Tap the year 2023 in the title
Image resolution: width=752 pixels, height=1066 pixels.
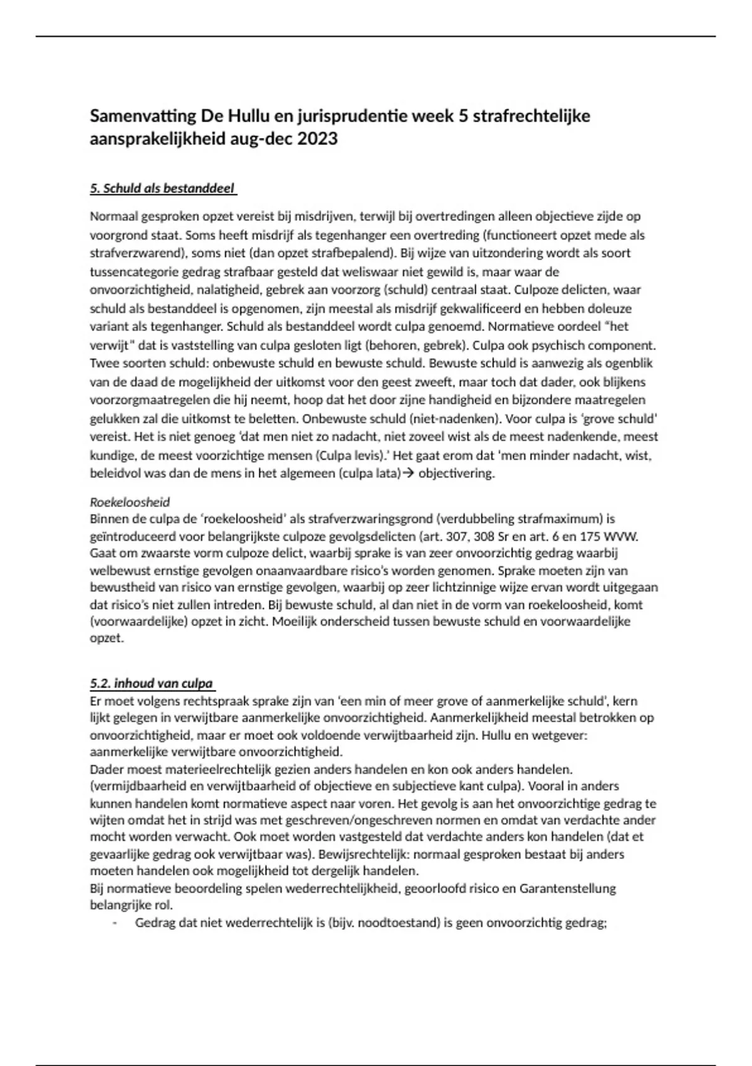[x=317, y=139]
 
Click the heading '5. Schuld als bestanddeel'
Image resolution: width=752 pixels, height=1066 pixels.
[x=162, y=188]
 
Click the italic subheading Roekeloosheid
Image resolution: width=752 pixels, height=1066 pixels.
[x=130, y=502]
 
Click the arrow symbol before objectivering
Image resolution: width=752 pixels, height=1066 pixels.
[x=407, y=473]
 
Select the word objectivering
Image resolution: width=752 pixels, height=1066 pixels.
[x=456, y=473]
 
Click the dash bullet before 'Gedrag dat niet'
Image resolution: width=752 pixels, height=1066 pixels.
[x=115, y=923]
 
